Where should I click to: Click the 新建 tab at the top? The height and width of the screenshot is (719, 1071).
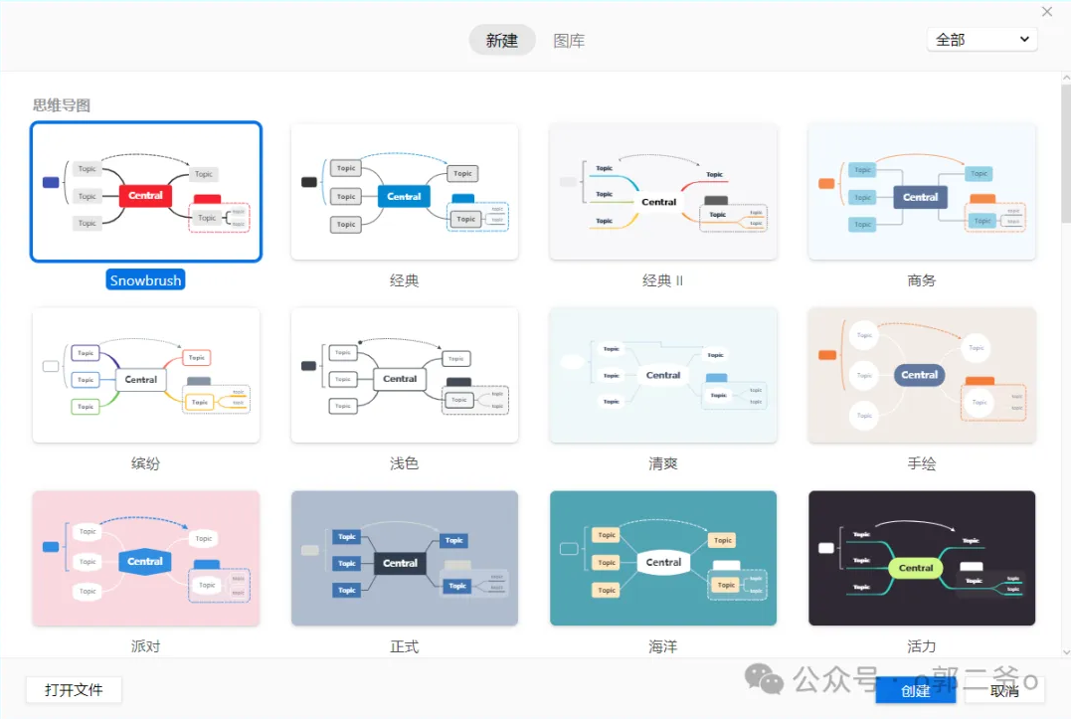[502, 41]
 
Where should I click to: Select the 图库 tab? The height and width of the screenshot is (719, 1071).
[569, 41]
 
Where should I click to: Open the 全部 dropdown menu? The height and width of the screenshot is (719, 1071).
[982, 40]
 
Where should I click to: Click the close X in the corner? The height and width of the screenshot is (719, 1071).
[1047, 12]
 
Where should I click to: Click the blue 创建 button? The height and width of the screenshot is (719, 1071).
[915, 691]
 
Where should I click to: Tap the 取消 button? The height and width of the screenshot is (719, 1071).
[1004, 691]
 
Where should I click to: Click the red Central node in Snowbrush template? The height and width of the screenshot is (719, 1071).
[145, 196]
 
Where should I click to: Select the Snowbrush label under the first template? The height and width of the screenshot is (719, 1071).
[145, 280]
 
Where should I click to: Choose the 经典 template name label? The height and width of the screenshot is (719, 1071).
[404, 280]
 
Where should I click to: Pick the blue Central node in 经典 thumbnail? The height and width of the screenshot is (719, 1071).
[404, 197]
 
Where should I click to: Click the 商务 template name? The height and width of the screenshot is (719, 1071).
[922, 280]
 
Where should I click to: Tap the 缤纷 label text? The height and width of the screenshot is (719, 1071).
[145, 463]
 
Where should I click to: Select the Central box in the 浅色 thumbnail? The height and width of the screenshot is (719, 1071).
[400, 379]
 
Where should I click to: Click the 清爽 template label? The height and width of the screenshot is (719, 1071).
[662, 463]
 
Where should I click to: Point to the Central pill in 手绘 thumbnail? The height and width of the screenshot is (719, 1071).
[920, 375]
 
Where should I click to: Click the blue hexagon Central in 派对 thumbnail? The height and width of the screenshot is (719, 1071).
[145, 562]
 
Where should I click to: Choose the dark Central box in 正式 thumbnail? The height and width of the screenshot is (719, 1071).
[400, 563]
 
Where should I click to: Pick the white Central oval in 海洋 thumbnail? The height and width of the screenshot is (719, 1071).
[663, 562]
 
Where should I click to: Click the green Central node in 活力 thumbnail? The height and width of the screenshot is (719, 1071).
[916, 569]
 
